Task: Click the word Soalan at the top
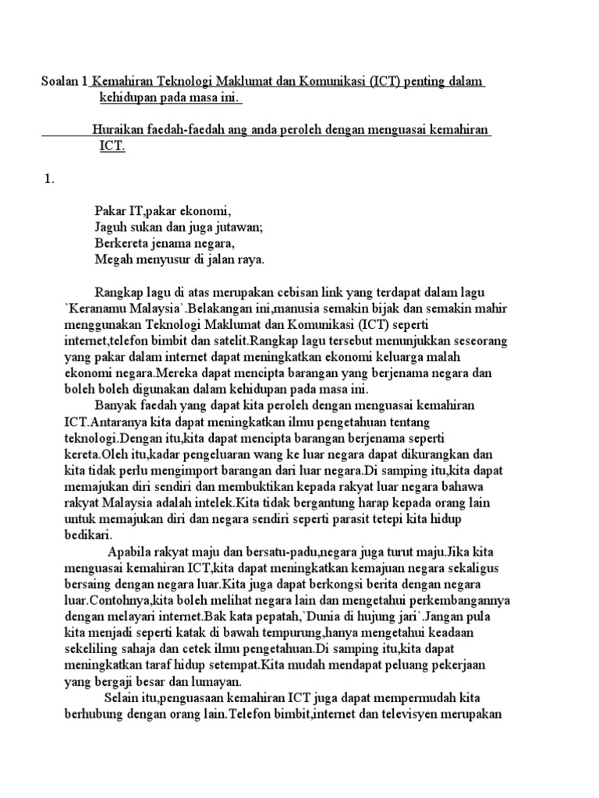[60, 82]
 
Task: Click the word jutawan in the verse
[239, 227]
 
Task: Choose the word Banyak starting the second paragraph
[115, 405]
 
